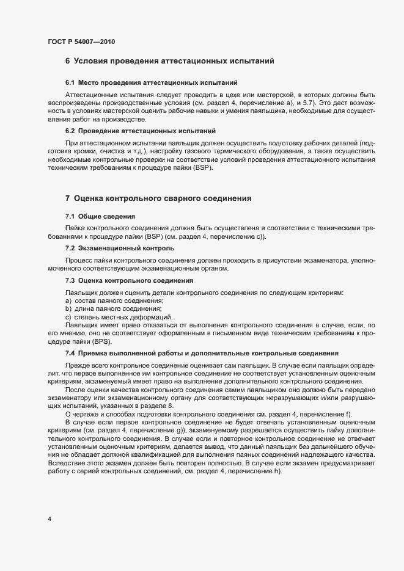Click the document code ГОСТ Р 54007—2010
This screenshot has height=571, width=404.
pyautogui.click(x=81, y=42)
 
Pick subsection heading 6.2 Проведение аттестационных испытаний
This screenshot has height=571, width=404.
pyautogui.click(x=140, y=131)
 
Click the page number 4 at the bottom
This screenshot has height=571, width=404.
pyautogui.click(x=49, y=519)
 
